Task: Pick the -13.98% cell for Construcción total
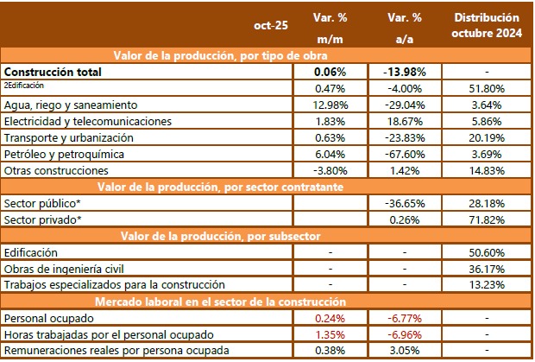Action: point(404,72)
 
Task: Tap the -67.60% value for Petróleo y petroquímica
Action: point(404,153)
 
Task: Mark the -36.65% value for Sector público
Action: point(404,202)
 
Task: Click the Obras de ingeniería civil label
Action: point(66,269)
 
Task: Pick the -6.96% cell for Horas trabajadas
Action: point(404,333)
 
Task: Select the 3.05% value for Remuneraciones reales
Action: point(404,350)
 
